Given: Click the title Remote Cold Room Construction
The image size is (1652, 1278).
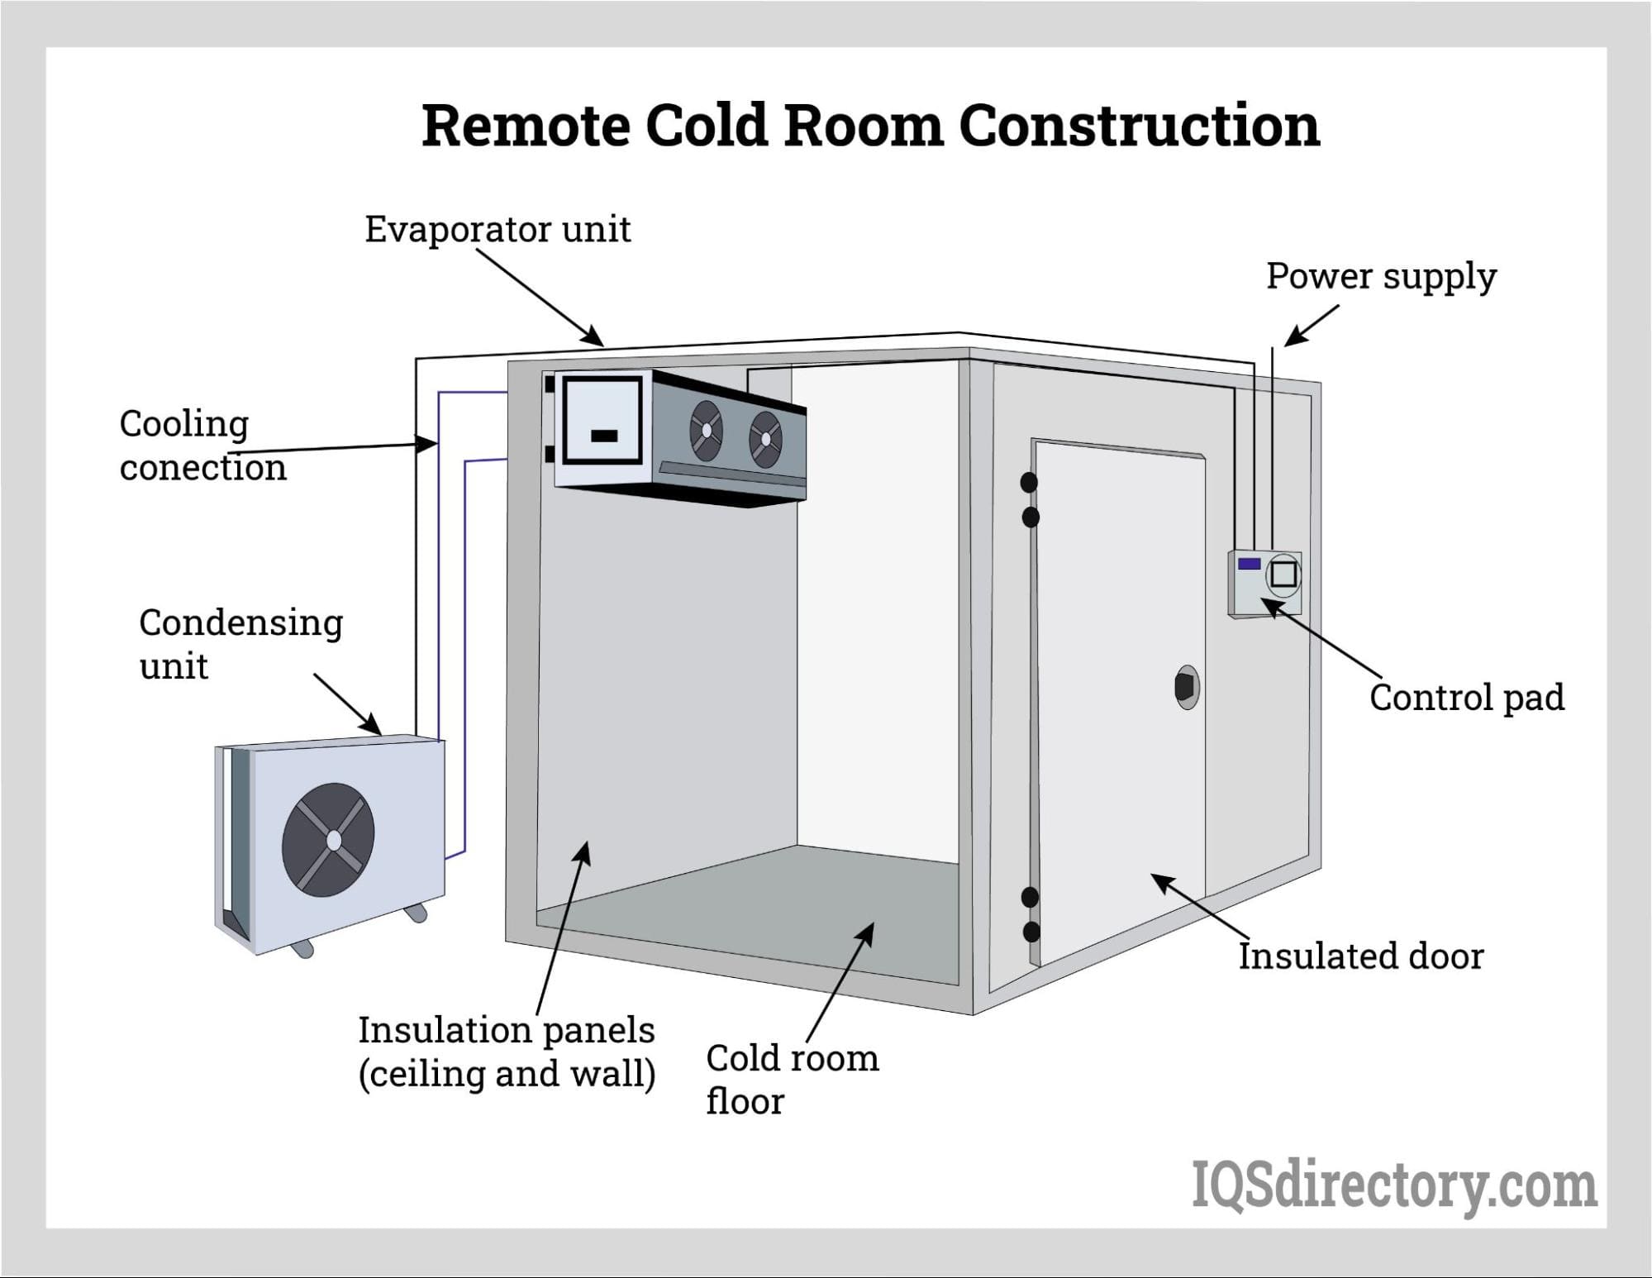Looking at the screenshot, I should click(x=870, y=126).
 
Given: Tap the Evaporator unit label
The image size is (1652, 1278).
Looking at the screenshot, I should click(x=498, y=229).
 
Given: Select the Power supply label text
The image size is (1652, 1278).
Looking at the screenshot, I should click(x=1381, y=276).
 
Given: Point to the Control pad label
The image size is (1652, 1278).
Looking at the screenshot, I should click(x=1466, y=697).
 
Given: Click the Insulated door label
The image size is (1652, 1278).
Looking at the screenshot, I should click(x=1360, y=956).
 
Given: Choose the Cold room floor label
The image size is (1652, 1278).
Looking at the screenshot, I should click(x=791, y=1079).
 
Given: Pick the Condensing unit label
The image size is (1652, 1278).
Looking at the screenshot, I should click(x=240, y=643).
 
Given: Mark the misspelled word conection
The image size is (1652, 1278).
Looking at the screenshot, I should click(x=203, y=468).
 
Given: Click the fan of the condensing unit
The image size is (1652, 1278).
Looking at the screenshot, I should click(x=328, y=840).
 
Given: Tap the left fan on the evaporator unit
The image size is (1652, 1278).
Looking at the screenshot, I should click(x=707, y=430).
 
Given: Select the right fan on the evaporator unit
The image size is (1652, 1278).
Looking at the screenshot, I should click(x=765, y=439).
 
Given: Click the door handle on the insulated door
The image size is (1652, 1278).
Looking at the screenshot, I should click(x=1187, y=687).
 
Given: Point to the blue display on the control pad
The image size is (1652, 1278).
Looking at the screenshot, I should click(x=1249, y=564).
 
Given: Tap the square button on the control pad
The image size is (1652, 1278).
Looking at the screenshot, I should click(x=1283, y=574).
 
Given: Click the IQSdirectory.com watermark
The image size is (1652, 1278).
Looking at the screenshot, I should click(x=1393, y=1185).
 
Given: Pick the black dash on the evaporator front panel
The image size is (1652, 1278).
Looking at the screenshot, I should click(x=604, y=436).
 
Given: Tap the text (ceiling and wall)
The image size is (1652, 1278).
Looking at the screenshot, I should click(x=507, y=1074).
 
